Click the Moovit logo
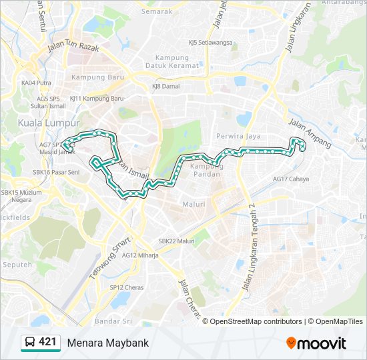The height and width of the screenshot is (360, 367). pos(316,343)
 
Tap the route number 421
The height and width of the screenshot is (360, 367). pos(47,342)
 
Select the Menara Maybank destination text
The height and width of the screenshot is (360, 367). pos(107,343)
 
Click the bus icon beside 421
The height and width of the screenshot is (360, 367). pos(30,343)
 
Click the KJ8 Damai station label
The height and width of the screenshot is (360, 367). pos(165,86)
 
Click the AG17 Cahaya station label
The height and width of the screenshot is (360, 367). pos(291,179)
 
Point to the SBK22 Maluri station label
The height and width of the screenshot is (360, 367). pos(176,241)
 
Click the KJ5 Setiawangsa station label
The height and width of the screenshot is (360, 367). pos(210,42)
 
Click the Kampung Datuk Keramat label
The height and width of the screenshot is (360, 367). pos(176,61)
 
